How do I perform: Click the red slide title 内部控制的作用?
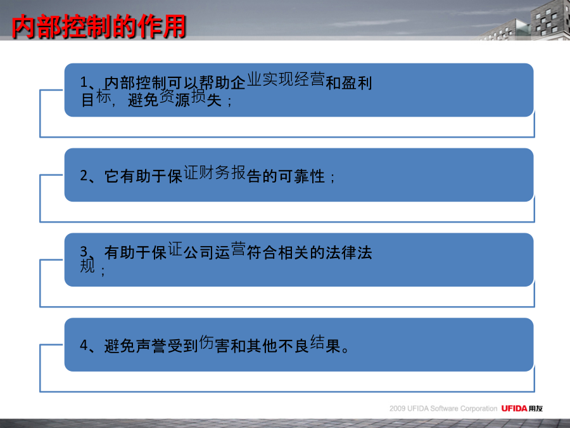click(99, 27)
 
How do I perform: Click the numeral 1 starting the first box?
click(84, 82)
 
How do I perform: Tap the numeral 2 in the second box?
click(84, 176)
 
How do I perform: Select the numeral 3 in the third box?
click(84, 251)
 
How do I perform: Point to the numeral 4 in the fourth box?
click(84, 345)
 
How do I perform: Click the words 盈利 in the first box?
click(357, 83)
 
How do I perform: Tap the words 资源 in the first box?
click(175, 98)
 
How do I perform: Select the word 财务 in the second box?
click(215, 172)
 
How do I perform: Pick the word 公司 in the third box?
click(198, 252)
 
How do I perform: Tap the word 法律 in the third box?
click(341, 252)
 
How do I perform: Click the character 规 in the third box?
click(87, 265)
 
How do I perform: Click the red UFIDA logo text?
click(514, 408)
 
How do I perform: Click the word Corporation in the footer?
click(478, 409)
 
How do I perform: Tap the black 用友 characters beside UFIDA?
click(535, 408)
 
